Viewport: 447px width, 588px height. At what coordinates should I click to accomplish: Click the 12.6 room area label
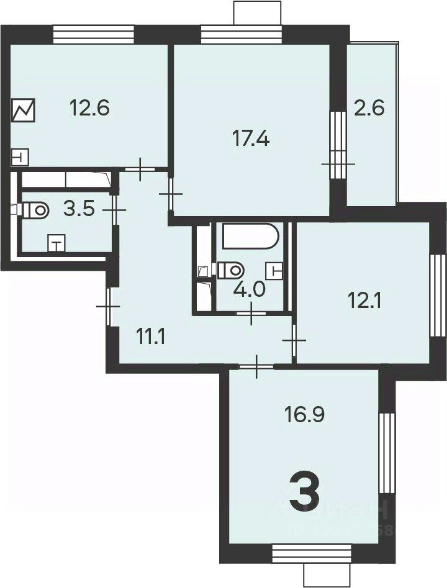tap(89, 109)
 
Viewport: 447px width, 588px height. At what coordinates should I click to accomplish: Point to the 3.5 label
tap(79, 209)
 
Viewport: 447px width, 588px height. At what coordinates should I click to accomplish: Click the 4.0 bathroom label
tap(246, 290)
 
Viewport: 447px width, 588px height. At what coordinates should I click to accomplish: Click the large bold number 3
tap(305, 490)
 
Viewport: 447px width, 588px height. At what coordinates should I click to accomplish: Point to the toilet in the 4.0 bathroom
tap(231, 269)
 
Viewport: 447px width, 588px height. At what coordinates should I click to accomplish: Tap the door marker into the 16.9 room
tap(258, 367)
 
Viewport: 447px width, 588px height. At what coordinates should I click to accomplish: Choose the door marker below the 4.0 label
tap(251, 314)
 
